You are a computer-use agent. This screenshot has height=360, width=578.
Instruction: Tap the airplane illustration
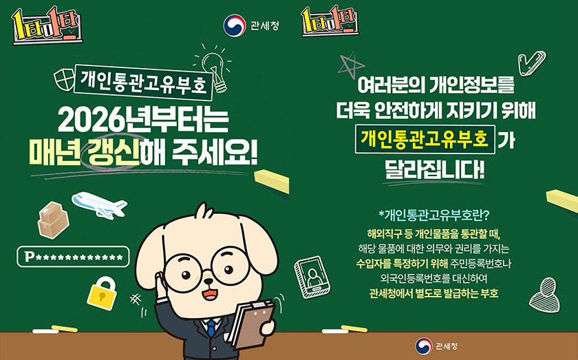coord(99,204)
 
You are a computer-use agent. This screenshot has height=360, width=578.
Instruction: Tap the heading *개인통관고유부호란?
coord(433,214)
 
